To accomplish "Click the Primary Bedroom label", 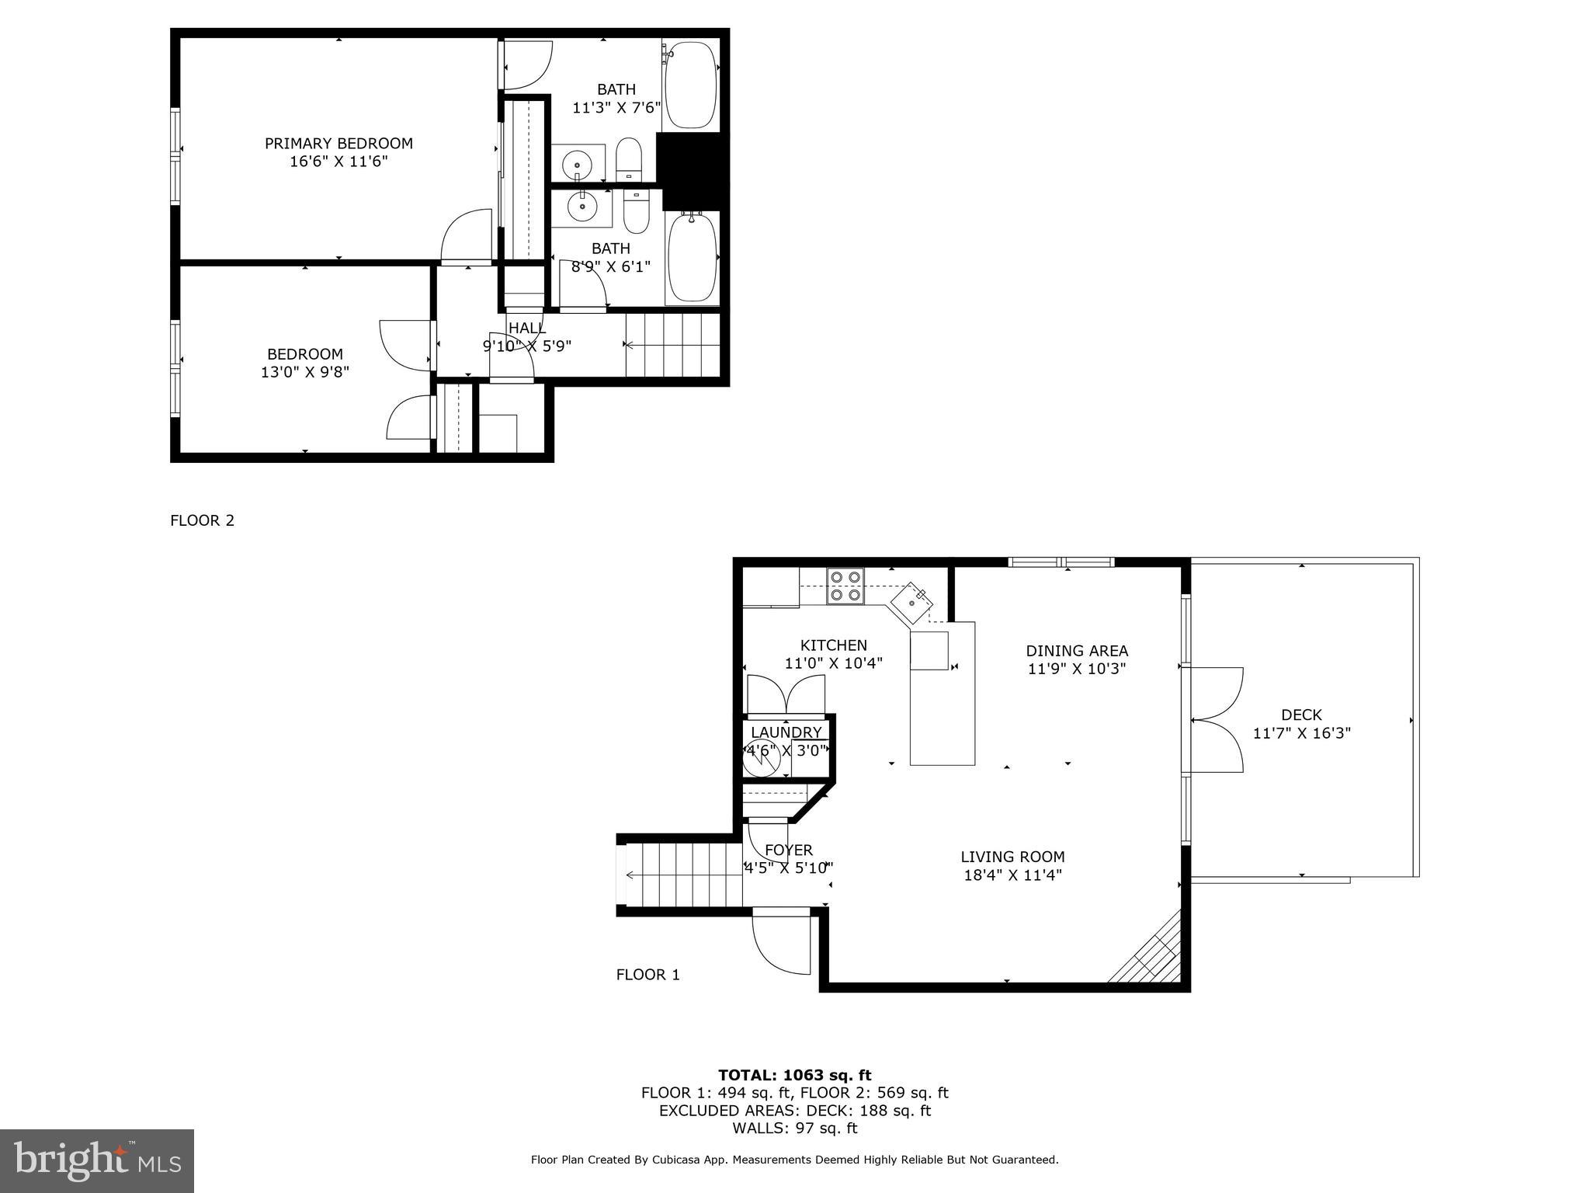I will click(x=338, y=144).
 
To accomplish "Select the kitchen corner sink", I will click(x=911, y=603).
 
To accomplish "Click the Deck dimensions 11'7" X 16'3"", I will click(x=1302, y=732).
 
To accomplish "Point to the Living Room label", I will click(x=1012, y=857).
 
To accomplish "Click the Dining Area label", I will click(x=1076, y=651).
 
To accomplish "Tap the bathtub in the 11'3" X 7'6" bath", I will click(x=691, y=85).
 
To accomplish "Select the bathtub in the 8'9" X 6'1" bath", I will click(x=693, y=258).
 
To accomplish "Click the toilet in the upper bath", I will click(x=628, y=158).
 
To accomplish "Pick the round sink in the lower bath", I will click(x=581, y=206).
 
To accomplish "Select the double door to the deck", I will click(x=1215, y=719).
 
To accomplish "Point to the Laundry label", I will click(x=786, y=732).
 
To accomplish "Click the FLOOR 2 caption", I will click(x=202, y=520).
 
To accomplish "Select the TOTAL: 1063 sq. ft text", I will click(x=794, y=1075).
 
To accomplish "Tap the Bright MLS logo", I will click(x=97, y=1160).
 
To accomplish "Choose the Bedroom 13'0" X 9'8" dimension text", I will click(x=305, y=372).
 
